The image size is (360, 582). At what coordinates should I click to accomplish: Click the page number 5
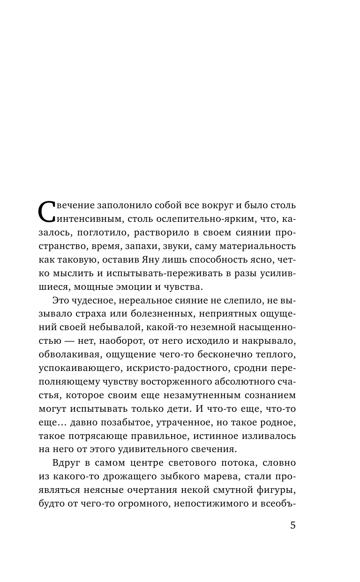pos(293,525)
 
